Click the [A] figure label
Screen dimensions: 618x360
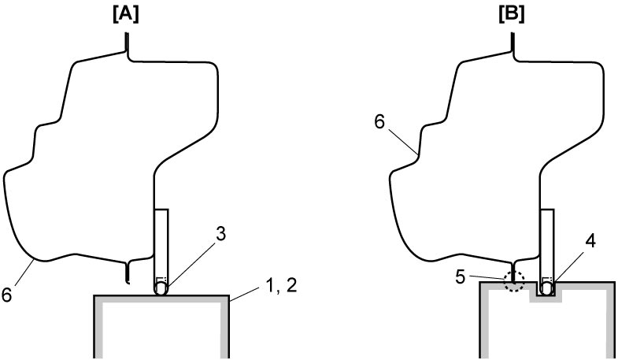point(126,15)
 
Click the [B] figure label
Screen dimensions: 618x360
point(511,15)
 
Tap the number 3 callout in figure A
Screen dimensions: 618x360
point(220,234)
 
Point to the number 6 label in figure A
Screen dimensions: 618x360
point(7,295)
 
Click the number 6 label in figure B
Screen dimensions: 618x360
point(379,122)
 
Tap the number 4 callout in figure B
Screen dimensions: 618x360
point(590,241)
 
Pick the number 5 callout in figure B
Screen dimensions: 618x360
point(461,276)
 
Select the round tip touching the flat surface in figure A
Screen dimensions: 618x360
point(161,289)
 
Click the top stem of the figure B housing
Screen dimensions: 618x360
point(512,43)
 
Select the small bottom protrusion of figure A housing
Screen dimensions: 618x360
point(127,273)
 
